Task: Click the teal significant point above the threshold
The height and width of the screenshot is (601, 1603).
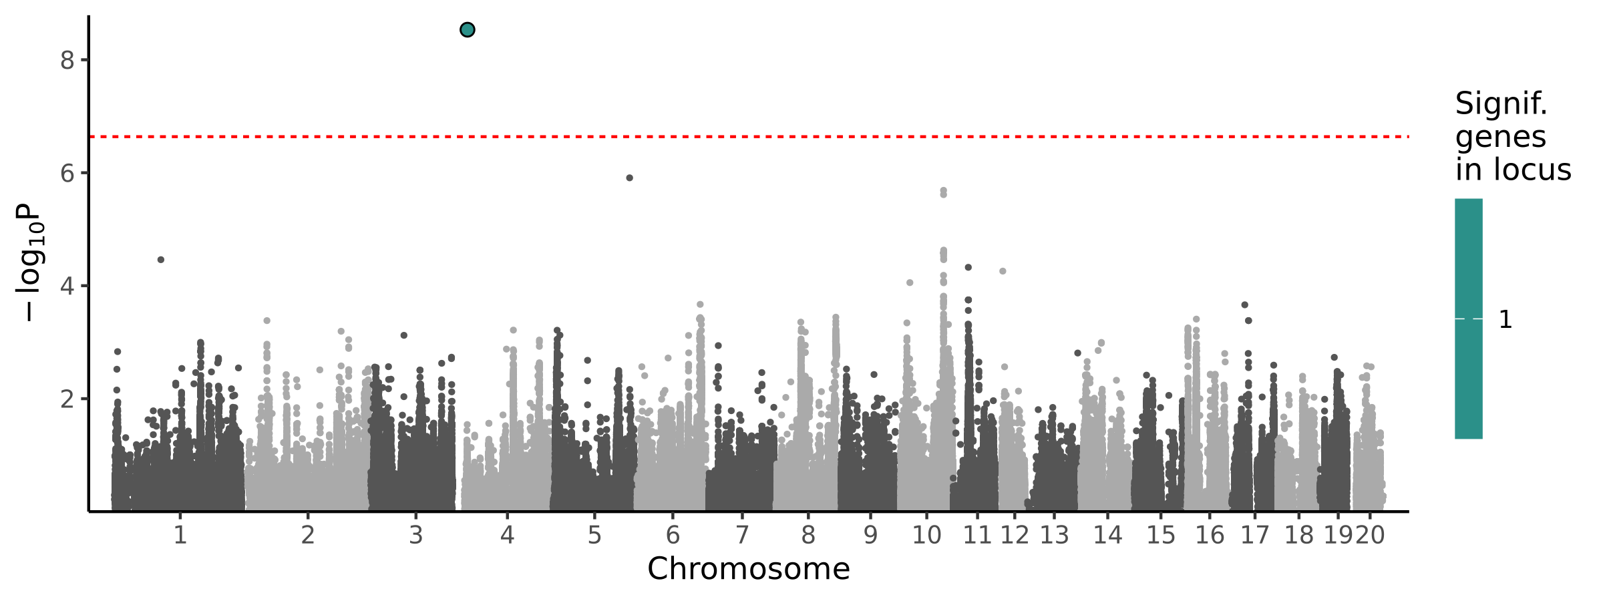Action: [468, 30]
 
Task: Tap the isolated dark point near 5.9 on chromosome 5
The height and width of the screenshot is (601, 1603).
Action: [629, 178]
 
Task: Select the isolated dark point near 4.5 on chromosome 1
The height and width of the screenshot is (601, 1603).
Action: [161, 260]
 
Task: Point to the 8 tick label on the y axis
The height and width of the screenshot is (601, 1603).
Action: [67, 61]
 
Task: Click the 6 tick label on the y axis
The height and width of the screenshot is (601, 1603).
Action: [67, 174]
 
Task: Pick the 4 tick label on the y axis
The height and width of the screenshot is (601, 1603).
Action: [67, 286]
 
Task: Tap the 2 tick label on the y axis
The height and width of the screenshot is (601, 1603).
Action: [67, 399]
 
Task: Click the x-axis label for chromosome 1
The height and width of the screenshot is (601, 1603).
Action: [180, 536]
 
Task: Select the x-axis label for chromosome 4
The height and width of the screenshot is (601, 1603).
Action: [507, 536]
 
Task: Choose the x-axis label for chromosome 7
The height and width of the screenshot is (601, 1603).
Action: [741, 536]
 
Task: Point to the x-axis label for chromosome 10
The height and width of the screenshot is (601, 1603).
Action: [926, 536]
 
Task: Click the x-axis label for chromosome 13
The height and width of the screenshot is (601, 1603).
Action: [1054, 536]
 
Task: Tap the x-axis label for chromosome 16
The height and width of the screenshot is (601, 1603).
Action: [1210, 536]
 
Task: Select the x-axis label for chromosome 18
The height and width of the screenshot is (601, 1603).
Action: [1298, 536]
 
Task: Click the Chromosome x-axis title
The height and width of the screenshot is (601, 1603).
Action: [748, 569]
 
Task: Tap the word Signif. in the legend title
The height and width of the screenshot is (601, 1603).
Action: [1501, 104]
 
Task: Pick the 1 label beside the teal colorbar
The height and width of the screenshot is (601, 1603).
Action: [1505, 320]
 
